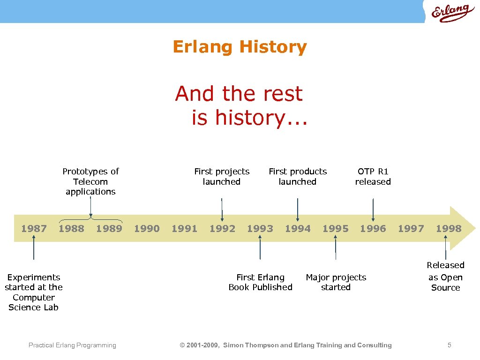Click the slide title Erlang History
point(240,47)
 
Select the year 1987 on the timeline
point(34,229)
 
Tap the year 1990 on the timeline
point(147,229)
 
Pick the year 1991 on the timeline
point(184,229)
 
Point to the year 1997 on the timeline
point(411,229)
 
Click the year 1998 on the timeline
point(448,229)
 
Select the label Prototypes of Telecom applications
point(90,181)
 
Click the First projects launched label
point(222,176)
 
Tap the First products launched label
point(298,176)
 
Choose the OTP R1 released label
point(373,176)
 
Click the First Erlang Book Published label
point(260,282)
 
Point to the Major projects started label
point(336,282)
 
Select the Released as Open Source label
point(445,277)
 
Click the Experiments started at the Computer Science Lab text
point(34,292)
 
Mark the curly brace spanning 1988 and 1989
point(90,219)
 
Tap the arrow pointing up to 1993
point(260,247)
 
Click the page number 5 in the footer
point(449,345)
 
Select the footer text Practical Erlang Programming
point(72,345)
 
